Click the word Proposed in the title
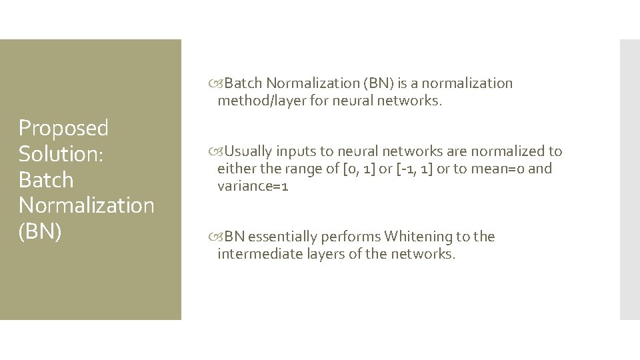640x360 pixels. [x=63, y=127]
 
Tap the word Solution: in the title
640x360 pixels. [x=59, y=153]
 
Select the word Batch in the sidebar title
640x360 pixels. [x=46, y=180]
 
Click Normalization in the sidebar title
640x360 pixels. [x=86, y=205]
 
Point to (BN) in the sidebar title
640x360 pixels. [x=40, y=231]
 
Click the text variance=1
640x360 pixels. [x=253, y=187]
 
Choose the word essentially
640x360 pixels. [x=283, y=237]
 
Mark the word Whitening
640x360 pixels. [x=418, y=237]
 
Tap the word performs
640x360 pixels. [x=351, y=237]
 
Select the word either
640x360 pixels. [x=233, y=169]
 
